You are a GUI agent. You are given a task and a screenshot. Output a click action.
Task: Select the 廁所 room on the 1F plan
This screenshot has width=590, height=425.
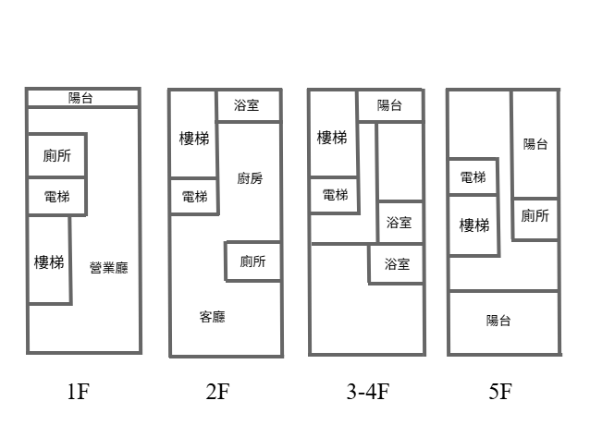point(56,155)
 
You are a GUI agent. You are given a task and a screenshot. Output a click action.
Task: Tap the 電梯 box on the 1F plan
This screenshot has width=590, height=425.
point(56,196)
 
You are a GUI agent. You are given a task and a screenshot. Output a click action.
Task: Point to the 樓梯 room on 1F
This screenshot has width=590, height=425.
point(49,261)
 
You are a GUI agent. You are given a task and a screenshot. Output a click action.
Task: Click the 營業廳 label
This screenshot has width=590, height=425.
point(108,268)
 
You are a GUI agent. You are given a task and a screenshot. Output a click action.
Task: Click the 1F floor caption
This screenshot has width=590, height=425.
point(78,392)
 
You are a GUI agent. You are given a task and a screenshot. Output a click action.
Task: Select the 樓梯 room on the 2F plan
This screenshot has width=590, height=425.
point(193,138)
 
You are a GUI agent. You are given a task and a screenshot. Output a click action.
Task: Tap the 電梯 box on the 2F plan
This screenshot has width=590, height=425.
point(194,196)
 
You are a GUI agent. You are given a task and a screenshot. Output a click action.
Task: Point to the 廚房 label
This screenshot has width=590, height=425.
point(249,178)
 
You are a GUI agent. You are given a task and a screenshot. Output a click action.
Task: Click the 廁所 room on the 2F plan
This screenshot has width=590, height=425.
point(252,261)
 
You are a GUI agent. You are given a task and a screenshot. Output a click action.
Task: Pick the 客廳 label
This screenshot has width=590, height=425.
point(212,317)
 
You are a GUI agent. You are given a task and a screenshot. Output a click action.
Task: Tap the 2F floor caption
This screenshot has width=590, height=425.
point(218,392)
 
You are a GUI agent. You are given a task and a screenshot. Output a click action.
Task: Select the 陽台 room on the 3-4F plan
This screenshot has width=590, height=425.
point(390,105)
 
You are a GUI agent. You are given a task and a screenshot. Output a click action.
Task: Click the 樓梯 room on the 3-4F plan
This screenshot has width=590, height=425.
point(332,138)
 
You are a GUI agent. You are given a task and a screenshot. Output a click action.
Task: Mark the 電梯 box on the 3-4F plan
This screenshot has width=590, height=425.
point(334,195)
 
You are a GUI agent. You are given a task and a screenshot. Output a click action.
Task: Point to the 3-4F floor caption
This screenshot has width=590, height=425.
point(368,392)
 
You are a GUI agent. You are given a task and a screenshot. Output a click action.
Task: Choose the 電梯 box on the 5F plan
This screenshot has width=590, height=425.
point(472,176)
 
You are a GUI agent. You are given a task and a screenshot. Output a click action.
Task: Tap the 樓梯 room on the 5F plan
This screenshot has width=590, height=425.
point(473,225)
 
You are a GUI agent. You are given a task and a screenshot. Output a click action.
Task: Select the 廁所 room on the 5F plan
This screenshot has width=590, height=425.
point(535,216)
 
